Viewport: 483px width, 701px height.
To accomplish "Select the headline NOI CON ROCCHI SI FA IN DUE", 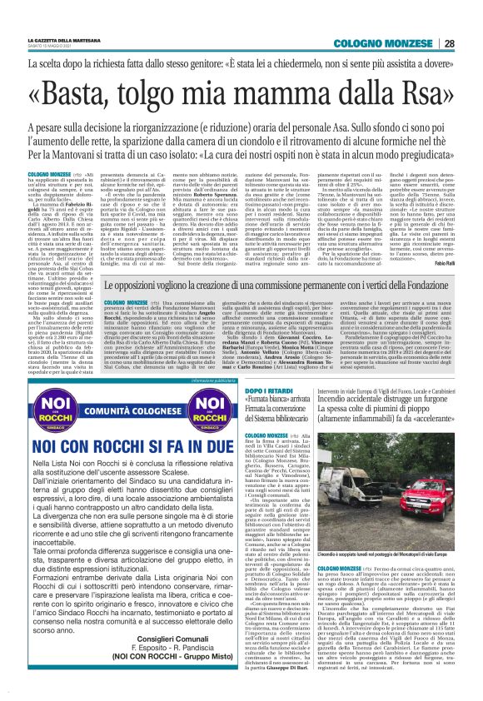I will coord(123,448).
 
